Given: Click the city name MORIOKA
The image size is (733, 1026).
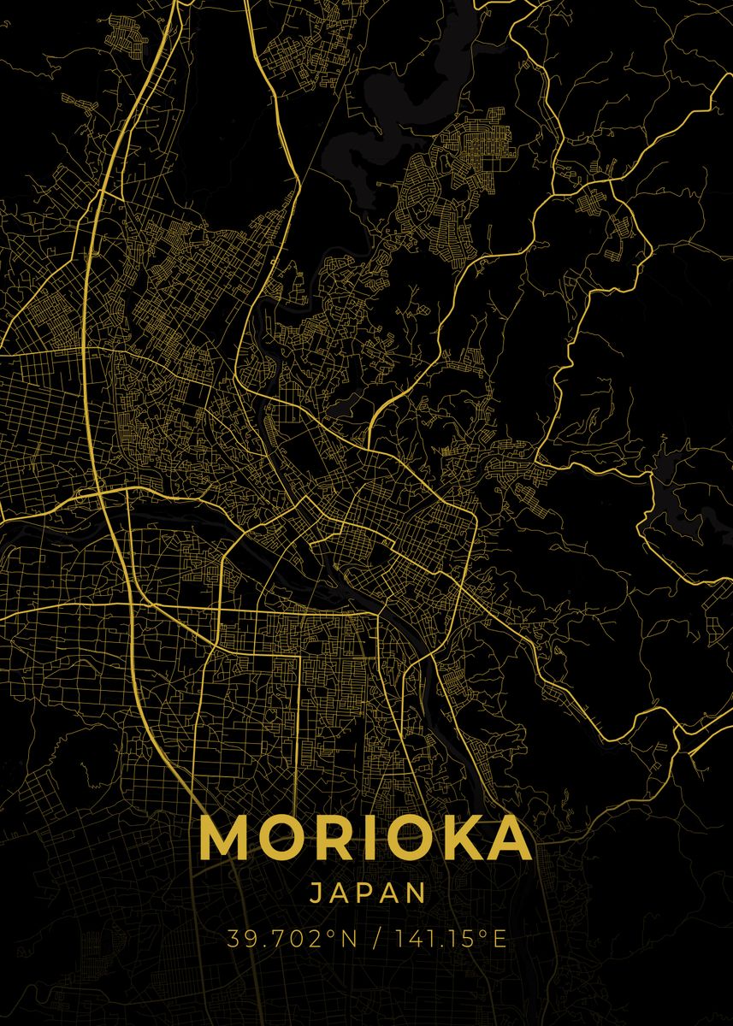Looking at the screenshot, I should point(366,839).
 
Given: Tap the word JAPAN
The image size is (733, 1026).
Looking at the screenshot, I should point(367,893).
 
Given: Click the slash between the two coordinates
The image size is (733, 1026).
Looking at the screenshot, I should point(375,940).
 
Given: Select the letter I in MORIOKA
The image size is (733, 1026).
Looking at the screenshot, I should point(363,839).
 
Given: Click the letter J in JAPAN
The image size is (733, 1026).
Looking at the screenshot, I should point(315,893).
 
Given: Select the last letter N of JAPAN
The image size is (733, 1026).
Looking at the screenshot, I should point(416,893).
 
